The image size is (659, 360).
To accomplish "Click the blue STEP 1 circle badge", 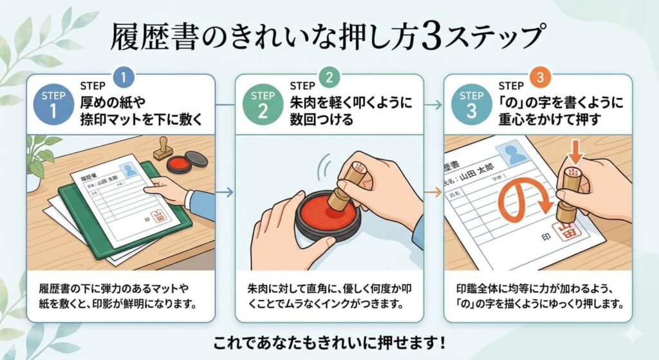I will coord(53,103).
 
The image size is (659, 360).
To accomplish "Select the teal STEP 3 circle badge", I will coord(472,103).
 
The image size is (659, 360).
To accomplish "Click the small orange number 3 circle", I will coord(539,79).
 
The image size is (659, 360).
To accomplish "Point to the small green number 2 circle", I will coord(329,79).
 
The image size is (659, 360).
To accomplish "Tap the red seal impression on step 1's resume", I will coord(158,218).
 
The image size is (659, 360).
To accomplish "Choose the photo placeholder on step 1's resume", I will coord(131,170).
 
